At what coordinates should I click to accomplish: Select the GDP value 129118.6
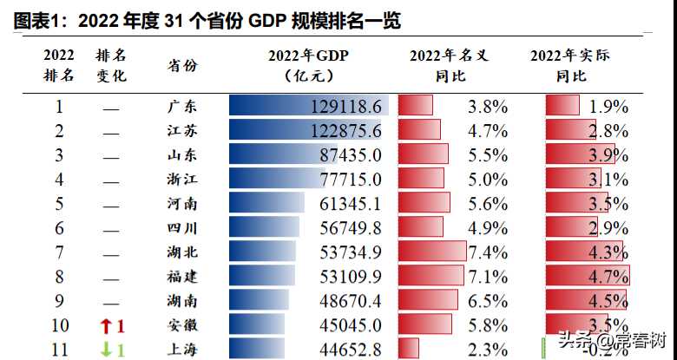pos(345,107)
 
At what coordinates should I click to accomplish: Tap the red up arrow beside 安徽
pos(106,326)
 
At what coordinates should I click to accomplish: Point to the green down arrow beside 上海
pos(106,350)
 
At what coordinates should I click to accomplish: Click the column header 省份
pos(182,66)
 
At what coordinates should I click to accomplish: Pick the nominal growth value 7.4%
pos(487,253)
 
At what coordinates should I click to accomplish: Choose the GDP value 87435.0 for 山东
pos(351,156)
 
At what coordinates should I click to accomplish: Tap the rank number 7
pos(60,253)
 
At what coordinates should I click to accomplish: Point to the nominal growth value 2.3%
pos(487,350)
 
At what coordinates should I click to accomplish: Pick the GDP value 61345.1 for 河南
pos(351,205)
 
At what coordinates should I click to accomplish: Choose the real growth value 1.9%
pos(608,107)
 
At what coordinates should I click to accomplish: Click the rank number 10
pos(60,326)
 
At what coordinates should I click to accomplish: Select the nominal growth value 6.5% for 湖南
pos(487,302)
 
